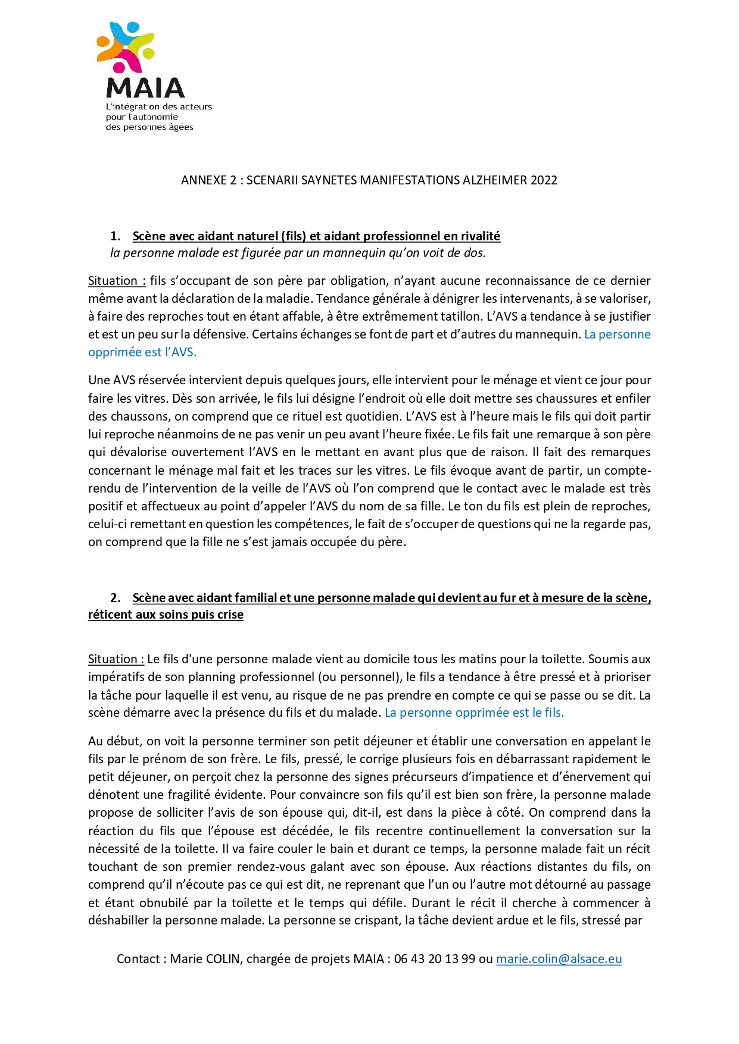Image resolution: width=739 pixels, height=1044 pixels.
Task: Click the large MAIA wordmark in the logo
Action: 145,89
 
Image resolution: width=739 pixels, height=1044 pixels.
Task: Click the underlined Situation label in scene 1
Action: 117,281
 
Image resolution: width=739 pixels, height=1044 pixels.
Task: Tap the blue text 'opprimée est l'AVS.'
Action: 142,352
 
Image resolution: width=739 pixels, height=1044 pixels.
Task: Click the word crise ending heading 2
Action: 230,615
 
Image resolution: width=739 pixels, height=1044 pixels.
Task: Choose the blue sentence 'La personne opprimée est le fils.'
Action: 474,713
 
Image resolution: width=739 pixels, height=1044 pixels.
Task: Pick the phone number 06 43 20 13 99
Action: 434,959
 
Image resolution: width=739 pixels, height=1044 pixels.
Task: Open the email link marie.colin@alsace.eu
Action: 559,959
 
